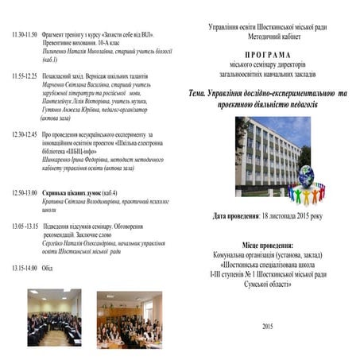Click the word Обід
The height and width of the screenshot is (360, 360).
(48, 267)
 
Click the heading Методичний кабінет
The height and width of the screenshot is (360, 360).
(266, 37)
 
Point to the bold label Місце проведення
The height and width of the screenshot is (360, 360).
(267, 247)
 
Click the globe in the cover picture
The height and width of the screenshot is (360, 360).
(305, 176)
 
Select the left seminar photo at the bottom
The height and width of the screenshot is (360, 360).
(53, 317)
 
